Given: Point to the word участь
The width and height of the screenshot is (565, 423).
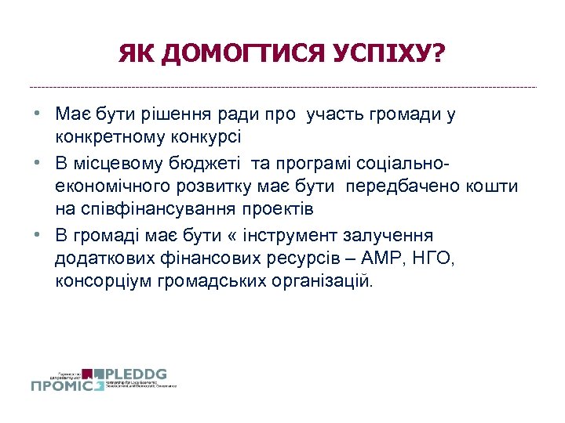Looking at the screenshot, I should click(333, 115).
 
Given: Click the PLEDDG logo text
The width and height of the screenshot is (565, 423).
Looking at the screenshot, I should click(135, 374).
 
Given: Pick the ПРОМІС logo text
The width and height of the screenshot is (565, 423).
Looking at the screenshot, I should click(63, 385).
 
